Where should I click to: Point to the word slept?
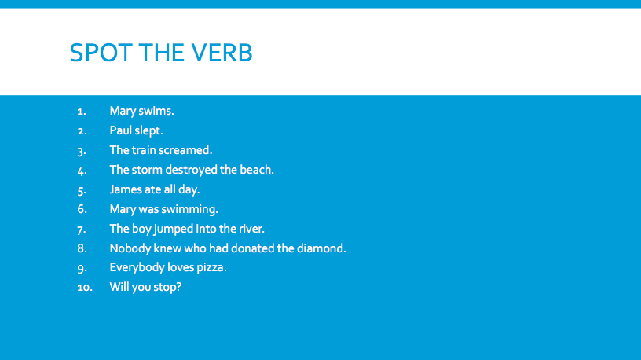148,131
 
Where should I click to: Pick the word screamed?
187,150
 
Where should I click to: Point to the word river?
252,229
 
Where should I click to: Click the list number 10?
85,288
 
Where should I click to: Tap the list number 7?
82,230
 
